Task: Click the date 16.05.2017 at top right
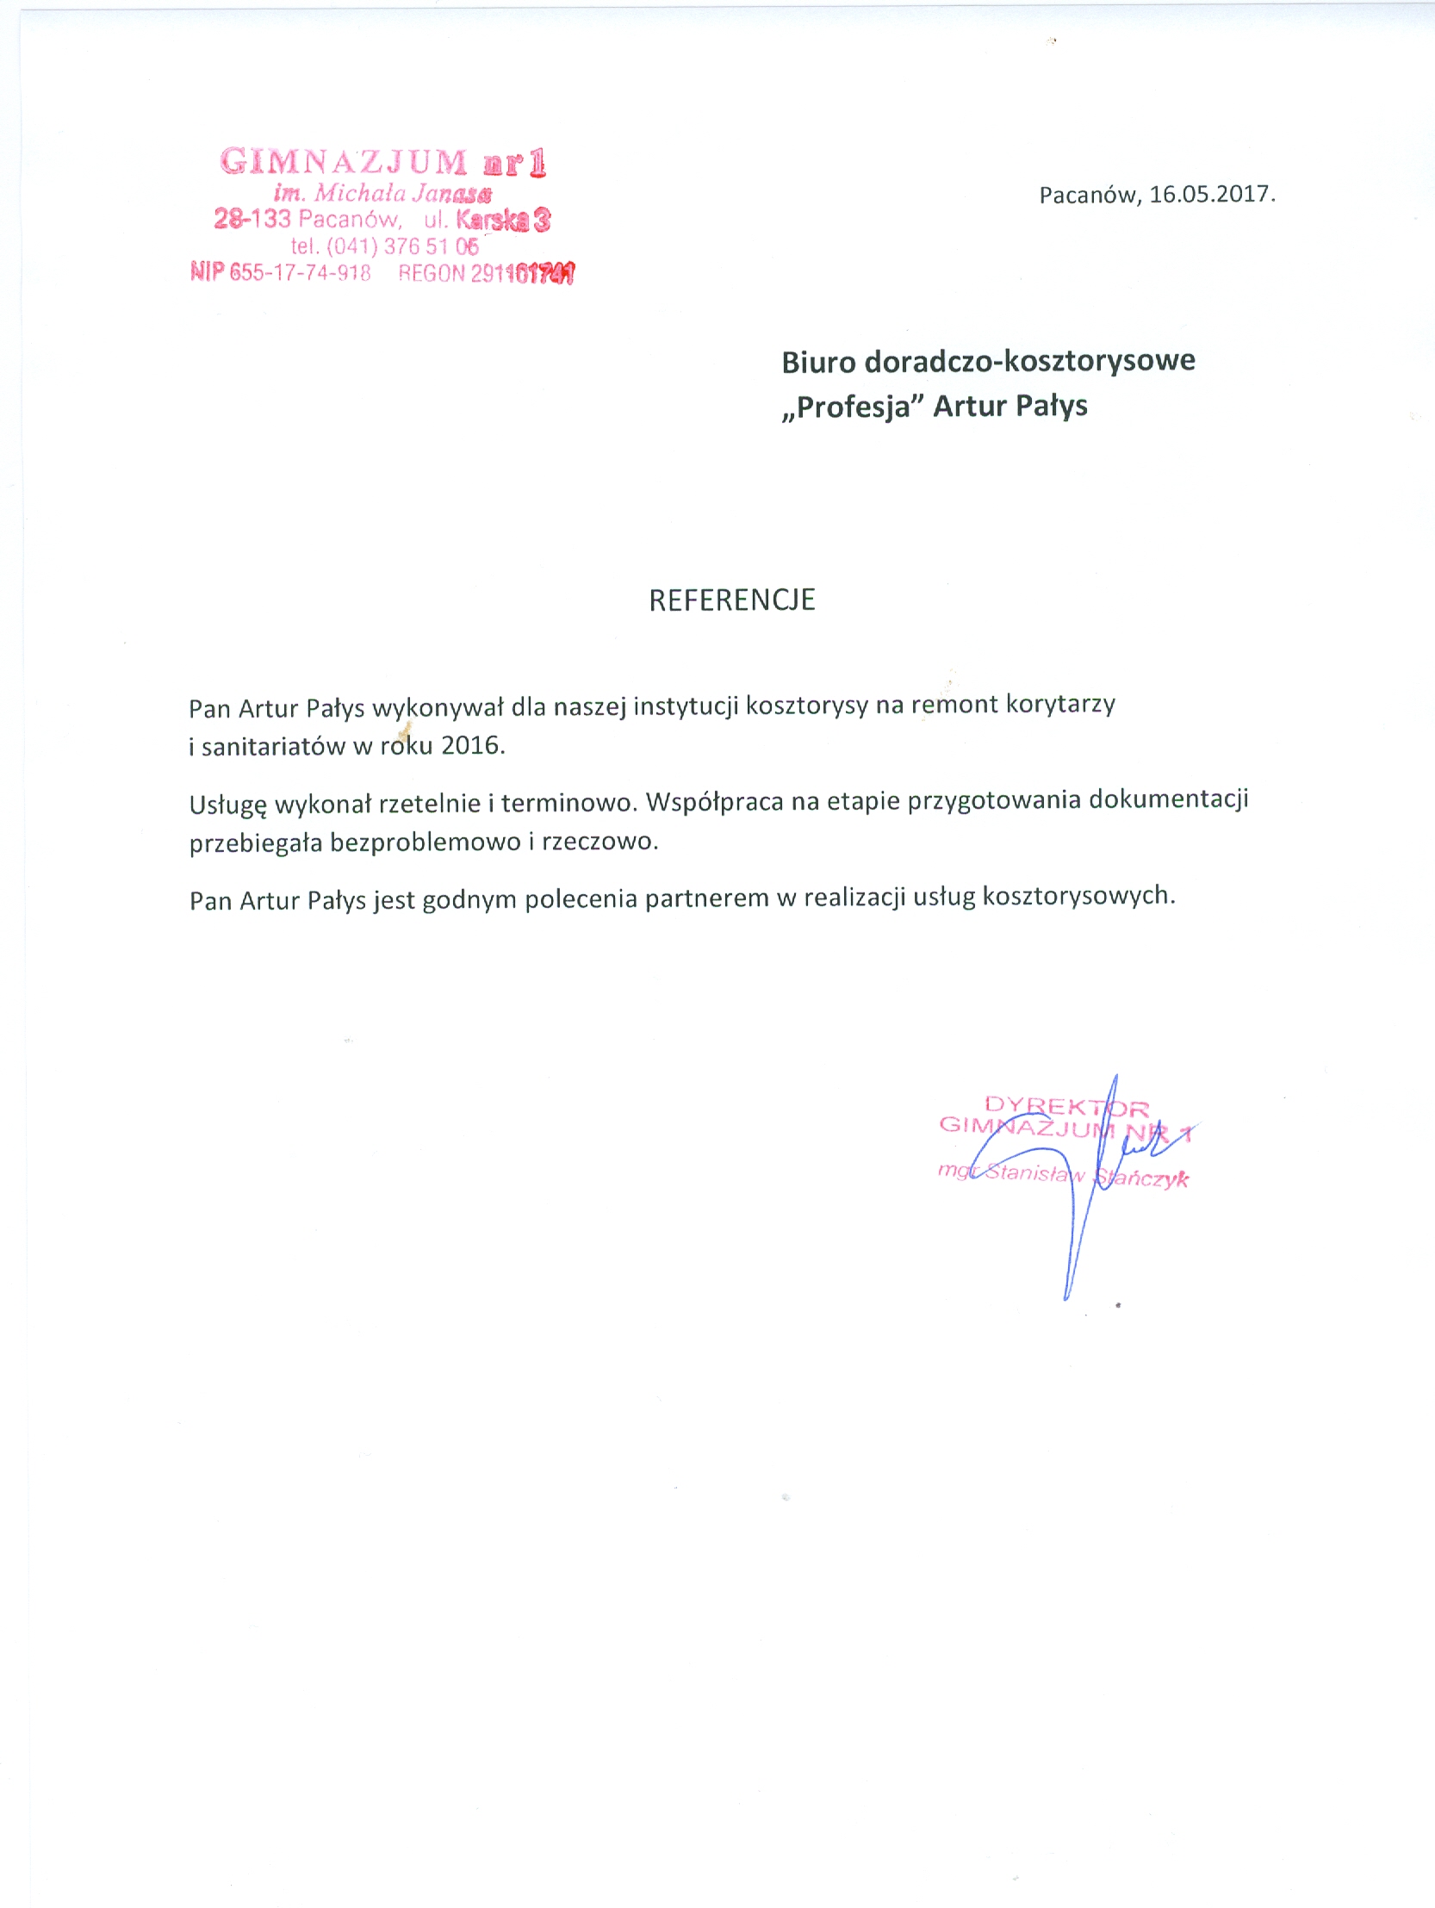click(1212, 194)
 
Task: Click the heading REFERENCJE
click(731, 600)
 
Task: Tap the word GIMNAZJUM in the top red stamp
click(343, 162)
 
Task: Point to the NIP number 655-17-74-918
click(299, 273)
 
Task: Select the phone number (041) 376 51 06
click(402, 246)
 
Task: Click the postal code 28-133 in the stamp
click(252, 219)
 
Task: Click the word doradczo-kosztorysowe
click(1029, 362)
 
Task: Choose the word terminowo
click(568, 803)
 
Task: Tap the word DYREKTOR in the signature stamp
click(1065, 1106)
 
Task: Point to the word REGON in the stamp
click(432, 273)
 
